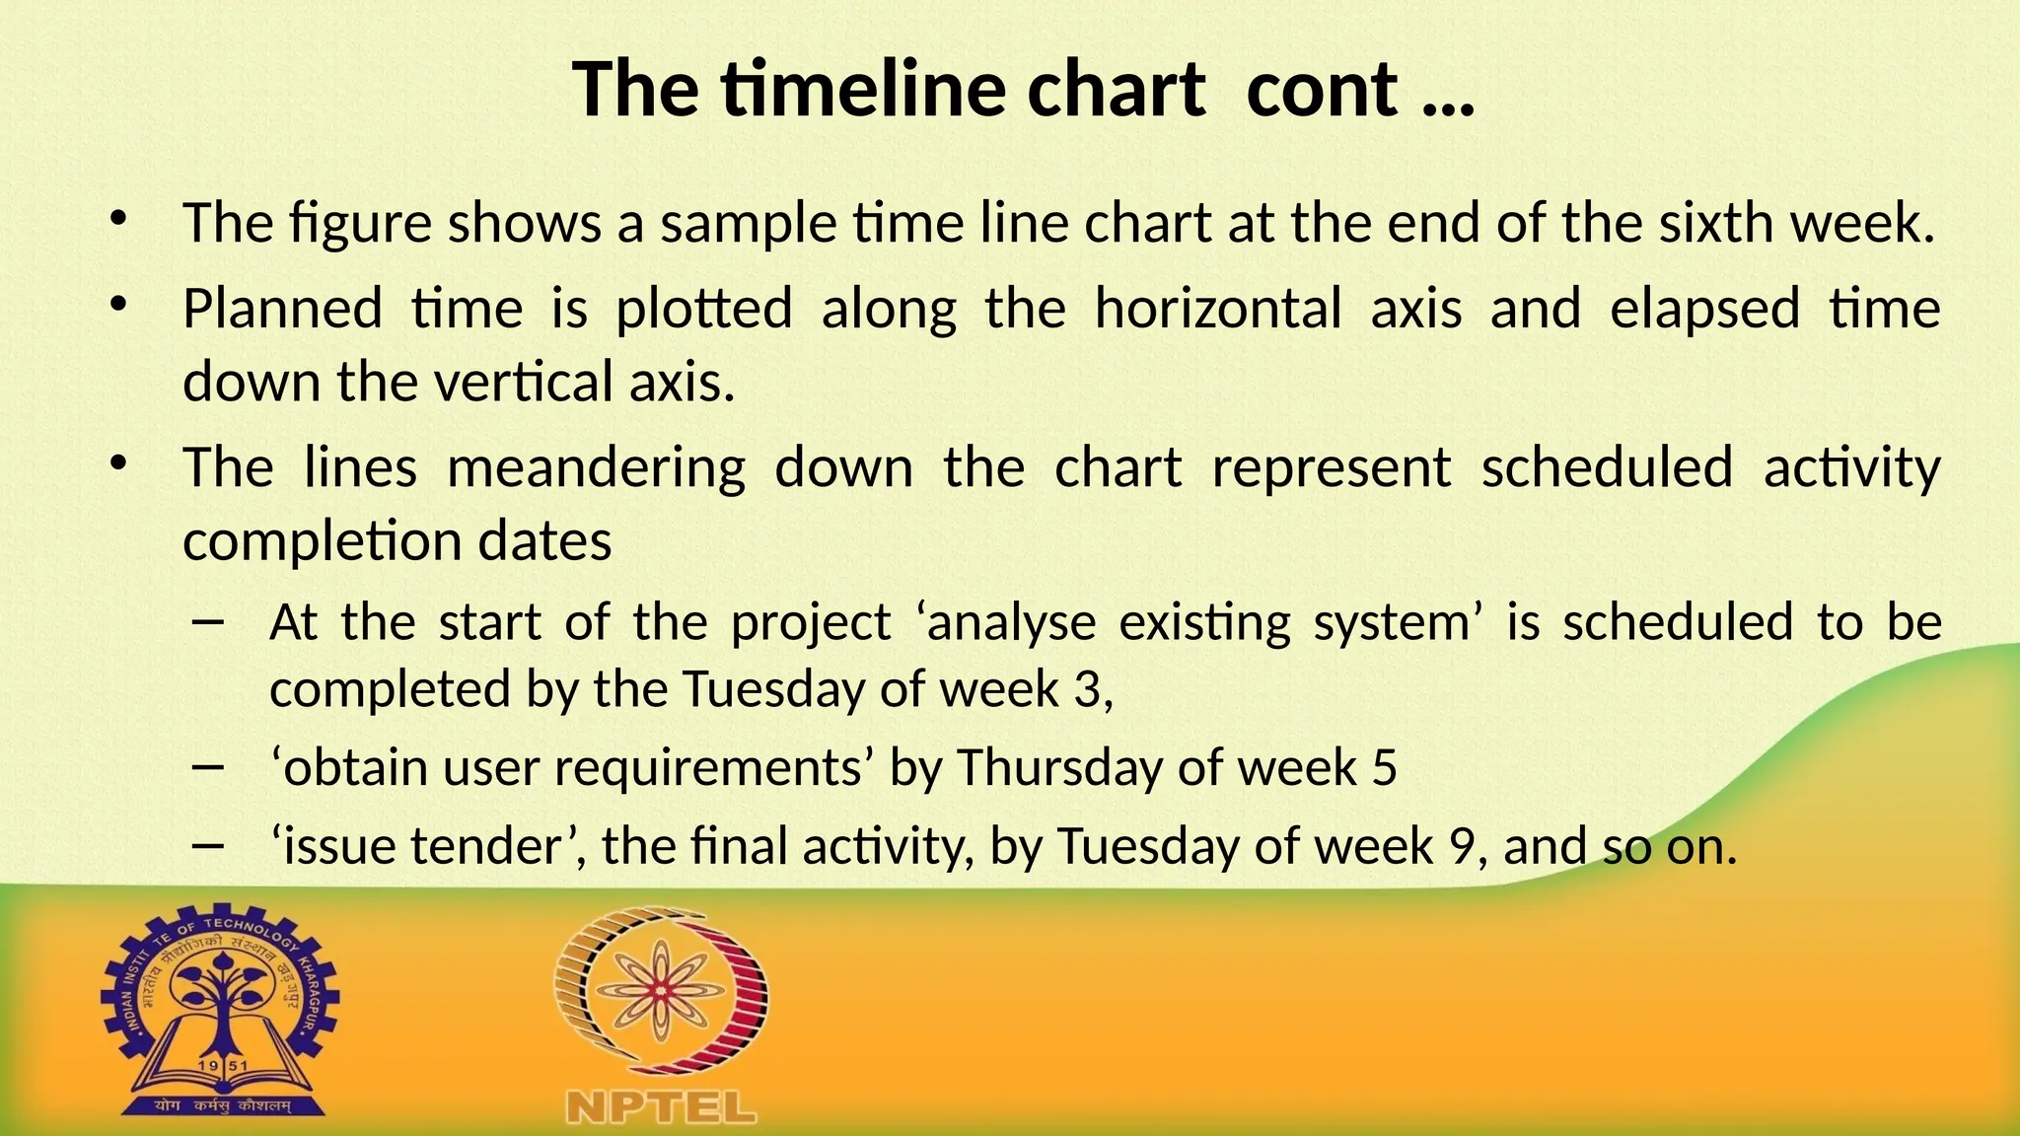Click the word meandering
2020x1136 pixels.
[596, 467]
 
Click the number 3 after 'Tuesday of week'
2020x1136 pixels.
[1088, 688]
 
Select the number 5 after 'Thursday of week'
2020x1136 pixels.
[1384, 767]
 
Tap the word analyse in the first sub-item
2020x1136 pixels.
[1011, 623]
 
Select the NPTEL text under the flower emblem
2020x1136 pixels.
[661, 1107]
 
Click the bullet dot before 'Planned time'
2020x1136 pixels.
[118, 305]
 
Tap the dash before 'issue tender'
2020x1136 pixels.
[210, 846]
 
